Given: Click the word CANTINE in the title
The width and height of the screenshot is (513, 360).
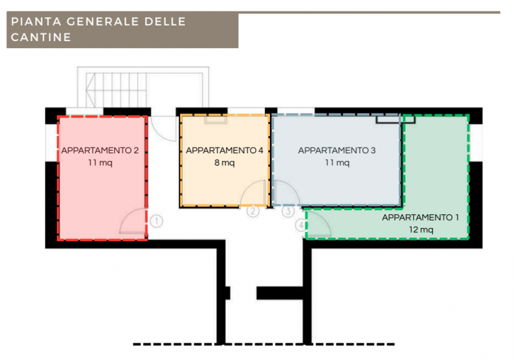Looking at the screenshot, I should click(40, 37).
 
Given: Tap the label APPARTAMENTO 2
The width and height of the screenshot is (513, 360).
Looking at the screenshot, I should click(100, 151).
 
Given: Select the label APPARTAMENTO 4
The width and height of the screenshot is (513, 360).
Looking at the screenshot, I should click(224, 151).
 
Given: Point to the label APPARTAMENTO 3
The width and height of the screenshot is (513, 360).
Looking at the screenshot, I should click(337, 151).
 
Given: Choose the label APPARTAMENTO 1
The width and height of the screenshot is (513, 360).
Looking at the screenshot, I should click(421, 218).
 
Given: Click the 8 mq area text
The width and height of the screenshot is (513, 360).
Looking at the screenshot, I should click(224, 163).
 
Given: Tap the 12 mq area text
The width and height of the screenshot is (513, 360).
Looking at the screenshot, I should click(421, 230).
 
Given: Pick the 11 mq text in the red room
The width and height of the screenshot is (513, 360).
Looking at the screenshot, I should click(100, 163).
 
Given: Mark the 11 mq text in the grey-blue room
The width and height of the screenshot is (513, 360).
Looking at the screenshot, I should click(337, 163).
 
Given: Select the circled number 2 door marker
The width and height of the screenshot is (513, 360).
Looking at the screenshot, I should click(253, 210).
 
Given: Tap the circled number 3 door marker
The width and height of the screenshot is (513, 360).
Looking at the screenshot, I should click(288, 210).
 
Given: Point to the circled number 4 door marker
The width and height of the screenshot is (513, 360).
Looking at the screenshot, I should click(301, 225).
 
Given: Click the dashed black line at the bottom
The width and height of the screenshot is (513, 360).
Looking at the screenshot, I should click(263, 345).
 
